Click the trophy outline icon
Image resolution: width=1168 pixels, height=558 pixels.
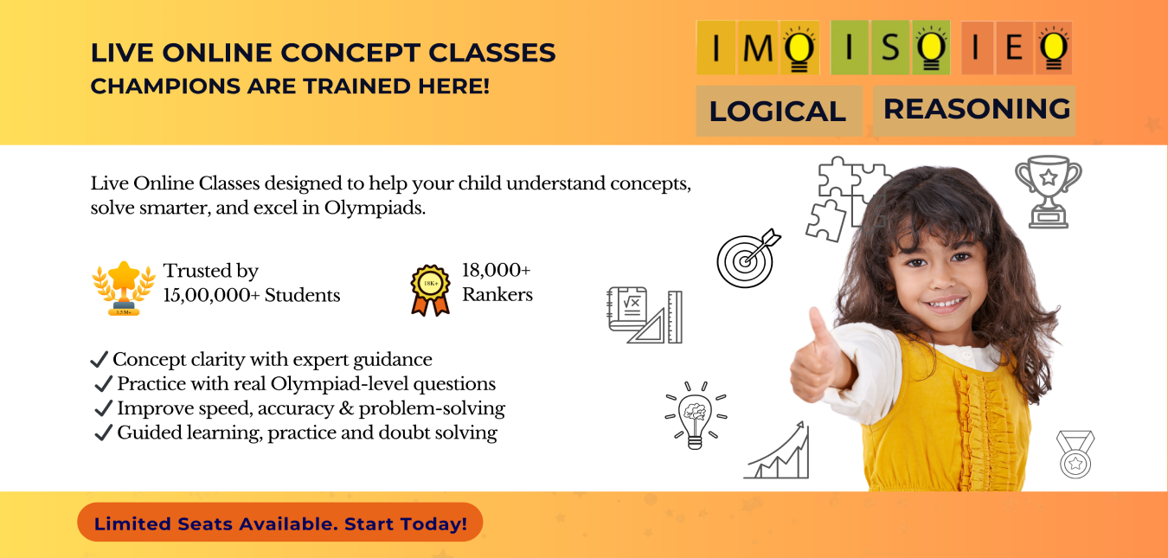pyautogui.click(x=1048, y=191)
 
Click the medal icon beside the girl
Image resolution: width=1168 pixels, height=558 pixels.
pyautogui.click(x=1075, y=454)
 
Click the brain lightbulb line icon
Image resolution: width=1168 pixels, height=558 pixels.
pyautogui.click(x=695, y=415)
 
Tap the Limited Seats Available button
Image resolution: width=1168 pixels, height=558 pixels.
pyautogui.click(x=279, y=523)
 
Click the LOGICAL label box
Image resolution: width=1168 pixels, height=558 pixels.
pyautogui.click(x=778, y=111)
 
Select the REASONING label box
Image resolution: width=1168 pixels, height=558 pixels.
pyautogui.click(x=976, y=109)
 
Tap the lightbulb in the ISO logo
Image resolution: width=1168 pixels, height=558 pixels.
pyautogui.click(x=931, y=50)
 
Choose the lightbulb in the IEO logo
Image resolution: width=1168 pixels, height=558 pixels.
pyautogui.click(x=1054, y=50)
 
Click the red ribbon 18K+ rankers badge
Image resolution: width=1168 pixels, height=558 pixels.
pyautogui.click(x=430, y=289)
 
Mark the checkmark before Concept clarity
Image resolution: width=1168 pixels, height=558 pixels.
pyautogui.click(x=99, y=359)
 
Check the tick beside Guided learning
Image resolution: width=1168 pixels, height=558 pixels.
pyautogui.click(x=104, y=433)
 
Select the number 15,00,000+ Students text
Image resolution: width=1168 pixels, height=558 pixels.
pyautogui.click(x=252, y=295)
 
